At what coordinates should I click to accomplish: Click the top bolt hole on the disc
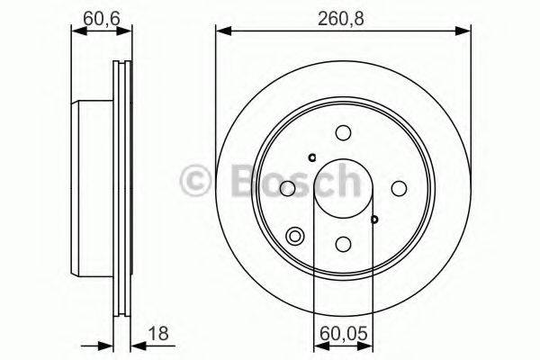click(343, 133)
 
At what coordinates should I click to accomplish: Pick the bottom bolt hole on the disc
click(343, 243)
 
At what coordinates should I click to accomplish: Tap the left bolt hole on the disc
click(288, 188)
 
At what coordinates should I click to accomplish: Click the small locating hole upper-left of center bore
click(311, 158)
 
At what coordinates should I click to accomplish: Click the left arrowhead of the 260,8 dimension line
click(221, 31)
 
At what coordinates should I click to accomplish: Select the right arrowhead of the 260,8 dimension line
click(466, 31)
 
